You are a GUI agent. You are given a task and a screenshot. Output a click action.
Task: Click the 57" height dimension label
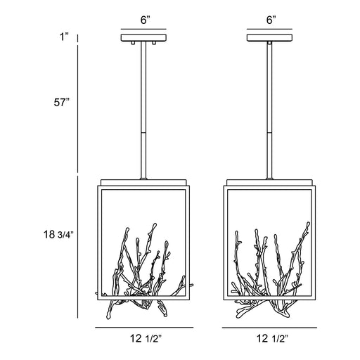coord(62,103)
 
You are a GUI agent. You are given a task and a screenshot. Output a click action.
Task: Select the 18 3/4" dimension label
coord(59,234)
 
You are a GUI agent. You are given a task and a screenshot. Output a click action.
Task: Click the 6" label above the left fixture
coord(146,20)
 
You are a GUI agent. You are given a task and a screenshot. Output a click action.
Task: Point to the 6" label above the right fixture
coord(271,20)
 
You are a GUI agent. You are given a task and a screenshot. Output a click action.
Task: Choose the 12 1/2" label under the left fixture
coord(146,338)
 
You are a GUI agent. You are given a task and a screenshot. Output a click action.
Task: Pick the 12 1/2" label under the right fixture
coord(272,338)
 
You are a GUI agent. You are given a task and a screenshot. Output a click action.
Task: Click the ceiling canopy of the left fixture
coord(143,38)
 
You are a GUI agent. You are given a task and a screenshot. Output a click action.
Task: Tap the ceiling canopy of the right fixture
coord(269,38)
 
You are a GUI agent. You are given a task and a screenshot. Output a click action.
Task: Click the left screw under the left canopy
coord(133,43)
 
